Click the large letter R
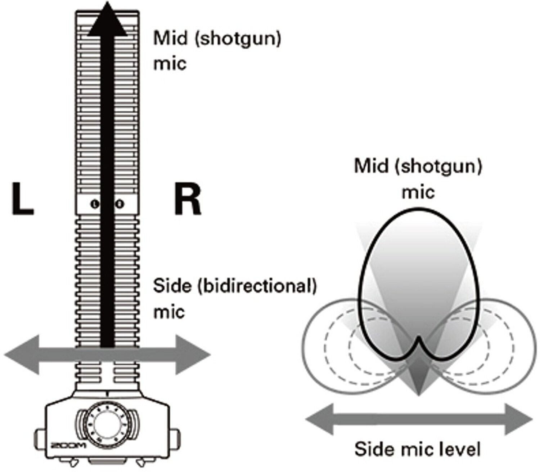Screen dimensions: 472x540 tap(187, 199)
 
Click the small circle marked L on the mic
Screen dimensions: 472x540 tap(95, 204)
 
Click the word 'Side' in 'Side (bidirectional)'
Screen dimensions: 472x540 tap(169, 286)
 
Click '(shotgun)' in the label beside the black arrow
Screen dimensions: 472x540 tap(238, 39)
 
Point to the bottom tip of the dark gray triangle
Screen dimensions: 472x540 tap(418, 394)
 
